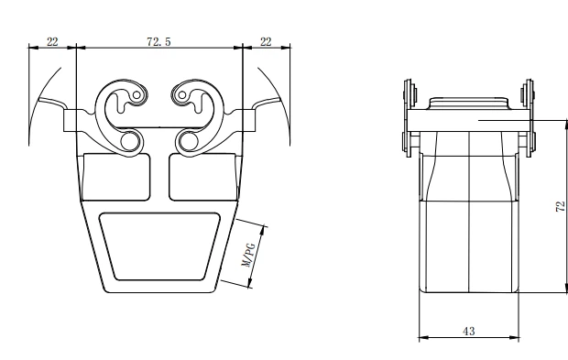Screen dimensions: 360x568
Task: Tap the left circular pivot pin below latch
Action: coord(131,139)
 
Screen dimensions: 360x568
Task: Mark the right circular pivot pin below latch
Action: coord(189,139)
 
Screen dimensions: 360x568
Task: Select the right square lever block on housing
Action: coord(246,119)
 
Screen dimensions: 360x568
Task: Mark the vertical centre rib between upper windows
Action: coord(159,179)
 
